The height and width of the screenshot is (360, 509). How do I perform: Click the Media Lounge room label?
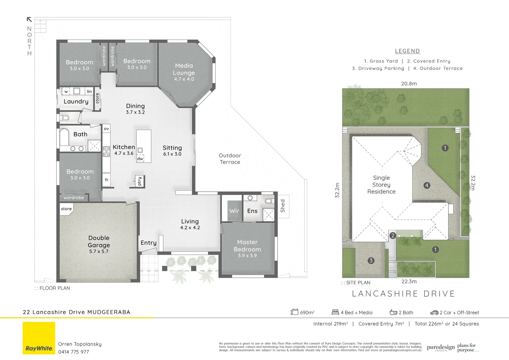(184, 69)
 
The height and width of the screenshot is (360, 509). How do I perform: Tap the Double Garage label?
(99, 241)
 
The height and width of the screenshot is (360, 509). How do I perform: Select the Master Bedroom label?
(247, 246)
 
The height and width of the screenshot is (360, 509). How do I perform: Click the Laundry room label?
(76, 101)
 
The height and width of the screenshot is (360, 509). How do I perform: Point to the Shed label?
(283, 206)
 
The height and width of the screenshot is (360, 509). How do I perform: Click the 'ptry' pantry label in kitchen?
(140, 181)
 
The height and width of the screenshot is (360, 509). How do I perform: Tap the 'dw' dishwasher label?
(140, 159)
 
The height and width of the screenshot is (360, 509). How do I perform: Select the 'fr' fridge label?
(107, 180)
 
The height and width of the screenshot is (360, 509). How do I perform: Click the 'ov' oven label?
(106, 129)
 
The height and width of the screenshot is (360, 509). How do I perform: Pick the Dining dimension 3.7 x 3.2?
(135, 112)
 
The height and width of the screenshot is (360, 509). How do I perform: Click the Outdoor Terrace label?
(230, 159)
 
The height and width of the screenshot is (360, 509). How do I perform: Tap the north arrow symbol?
(29, 20)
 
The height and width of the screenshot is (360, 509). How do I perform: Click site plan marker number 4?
(427, 185)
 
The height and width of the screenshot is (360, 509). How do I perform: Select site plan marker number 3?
(371, 261)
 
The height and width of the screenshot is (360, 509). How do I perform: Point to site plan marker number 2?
(393, 236)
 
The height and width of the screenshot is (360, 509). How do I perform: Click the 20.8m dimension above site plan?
(409, 84)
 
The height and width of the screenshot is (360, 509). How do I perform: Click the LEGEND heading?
(407, 51)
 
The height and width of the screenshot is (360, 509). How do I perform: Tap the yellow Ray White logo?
(39, 338)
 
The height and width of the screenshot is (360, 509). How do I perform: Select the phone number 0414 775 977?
(74, 352)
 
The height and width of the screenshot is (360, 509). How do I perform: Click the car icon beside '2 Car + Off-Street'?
(434, 313)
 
